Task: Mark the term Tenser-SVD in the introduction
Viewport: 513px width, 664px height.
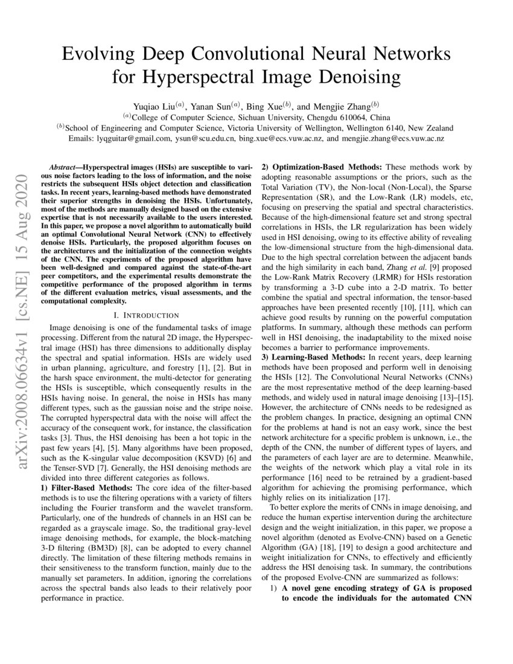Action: pos(87,467)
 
